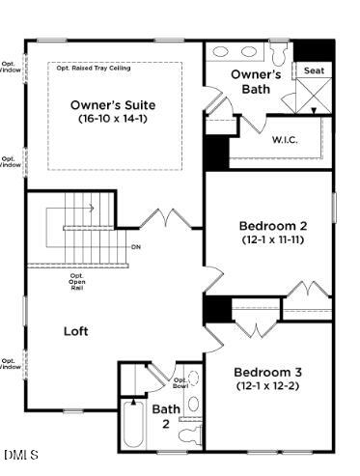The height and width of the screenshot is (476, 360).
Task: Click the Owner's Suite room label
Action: [114, 104]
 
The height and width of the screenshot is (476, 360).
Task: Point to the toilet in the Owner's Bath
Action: [279, 53]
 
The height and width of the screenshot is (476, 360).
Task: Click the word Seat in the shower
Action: [313, 70]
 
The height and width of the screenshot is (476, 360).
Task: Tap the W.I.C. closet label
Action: [284, 139]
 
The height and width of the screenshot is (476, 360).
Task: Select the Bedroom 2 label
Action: [272, 226]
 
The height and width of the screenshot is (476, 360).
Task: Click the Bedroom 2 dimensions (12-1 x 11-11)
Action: [272, 239]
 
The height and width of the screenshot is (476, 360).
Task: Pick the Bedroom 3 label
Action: [267, 372]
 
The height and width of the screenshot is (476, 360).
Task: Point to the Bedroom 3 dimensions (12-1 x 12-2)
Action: [267, 385]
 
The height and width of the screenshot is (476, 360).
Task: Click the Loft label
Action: [76, 330]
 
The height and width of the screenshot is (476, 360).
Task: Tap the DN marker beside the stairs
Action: [136, 246]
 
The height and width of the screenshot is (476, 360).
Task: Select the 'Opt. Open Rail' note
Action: [77, 281]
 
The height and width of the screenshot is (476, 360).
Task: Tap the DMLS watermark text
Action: [21, 454]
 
